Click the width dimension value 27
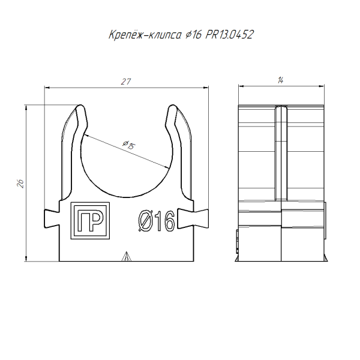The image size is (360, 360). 126,81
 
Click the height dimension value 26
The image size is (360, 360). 20,184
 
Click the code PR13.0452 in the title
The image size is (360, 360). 229,35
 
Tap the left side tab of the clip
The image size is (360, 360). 51,218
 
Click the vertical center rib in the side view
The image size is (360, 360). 281,156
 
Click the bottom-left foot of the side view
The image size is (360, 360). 238,259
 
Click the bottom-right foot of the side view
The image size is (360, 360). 324,259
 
